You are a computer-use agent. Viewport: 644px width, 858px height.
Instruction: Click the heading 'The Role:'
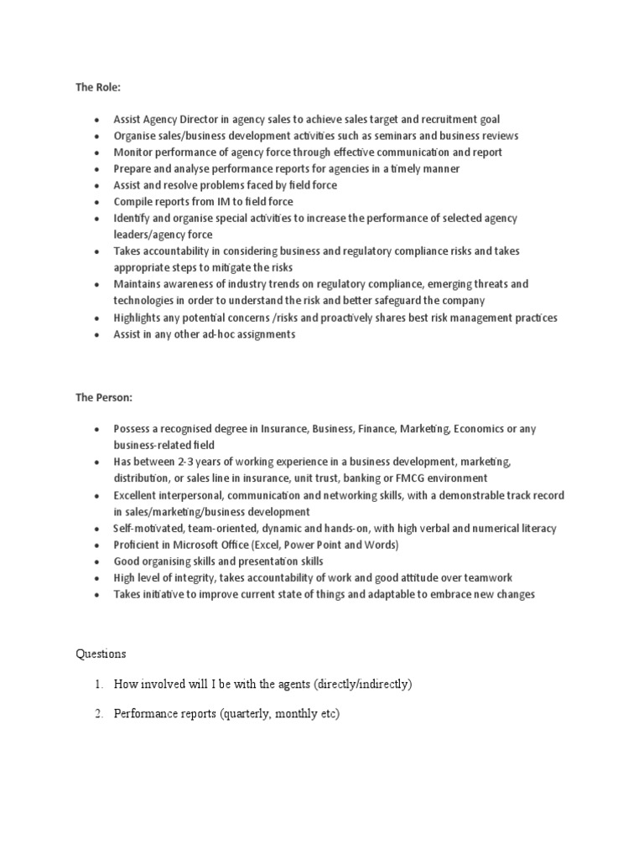98,86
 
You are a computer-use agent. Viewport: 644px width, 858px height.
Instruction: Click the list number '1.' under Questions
100,685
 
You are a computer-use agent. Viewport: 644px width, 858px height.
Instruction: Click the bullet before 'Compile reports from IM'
98,202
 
